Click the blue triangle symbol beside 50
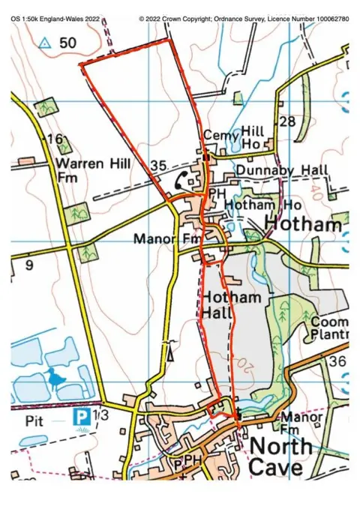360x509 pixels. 45,43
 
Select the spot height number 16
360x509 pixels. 52,139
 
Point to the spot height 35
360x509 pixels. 157,165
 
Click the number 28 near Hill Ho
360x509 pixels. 286,121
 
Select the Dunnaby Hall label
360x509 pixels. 281,171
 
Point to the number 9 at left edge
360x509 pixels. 28,265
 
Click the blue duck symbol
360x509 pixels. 55,377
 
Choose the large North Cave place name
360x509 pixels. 280,457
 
